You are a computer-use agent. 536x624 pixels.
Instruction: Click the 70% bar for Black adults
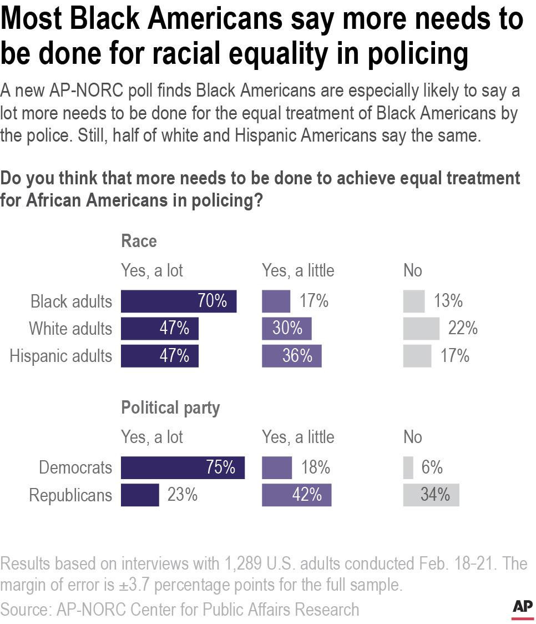pos(178,301)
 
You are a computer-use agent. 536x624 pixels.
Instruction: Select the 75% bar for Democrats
pos(183,467)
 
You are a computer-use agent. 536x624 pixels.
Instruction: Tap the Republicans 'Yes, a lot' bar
pos(140,495)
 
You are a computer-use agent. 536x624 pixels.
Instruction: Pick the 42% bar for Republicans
pos(296,495)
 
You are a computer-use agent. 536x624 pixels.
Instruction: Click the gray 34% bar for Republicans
pos(431,495)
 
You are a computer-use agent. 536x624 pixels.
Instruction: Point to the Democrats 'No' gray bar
pos(408,467)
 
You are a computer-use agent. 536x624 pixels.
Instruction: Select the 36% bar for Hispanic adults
pos(291,356)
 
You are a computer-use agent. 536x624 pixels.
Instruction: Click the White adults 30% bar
pos(286,329)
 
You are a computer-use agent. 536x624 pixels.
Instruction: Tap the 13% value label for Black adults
pos(448,301)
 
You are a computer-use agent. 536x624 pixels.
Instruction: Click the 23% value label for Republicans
pos(183,495)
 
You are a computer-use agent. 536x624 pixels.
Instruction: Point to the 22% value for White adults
pos(463,329)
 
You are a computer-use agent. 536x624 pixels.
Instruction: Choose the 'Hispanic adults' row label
pos(60,356)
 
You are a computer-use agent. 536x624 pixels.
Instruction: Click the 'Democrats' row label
pos(75,467)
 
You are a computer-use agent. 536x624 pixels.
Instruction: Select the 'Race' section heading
pos(139,241)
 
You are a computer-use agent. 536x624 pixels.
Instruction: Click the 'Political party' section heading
pos(170,408)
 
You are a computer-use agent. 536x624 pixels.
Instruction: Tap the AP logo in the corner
pos(522,608)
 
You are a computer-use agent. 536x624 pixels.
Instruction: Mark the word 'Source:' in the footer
pos(26,609)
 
